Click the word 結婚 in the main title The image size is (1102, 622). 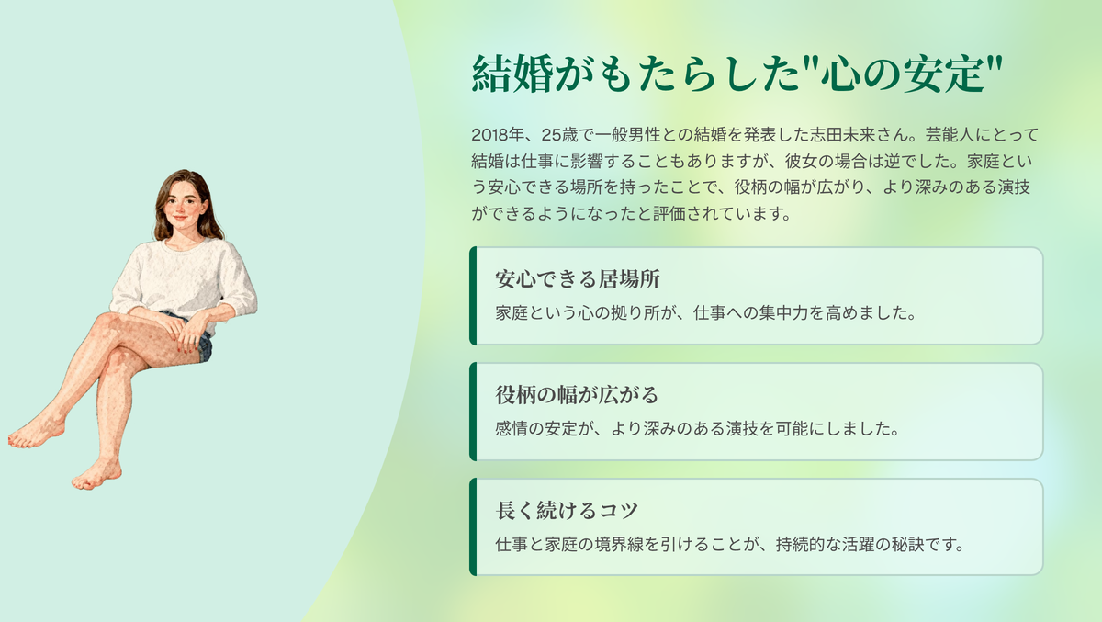coord(512,74)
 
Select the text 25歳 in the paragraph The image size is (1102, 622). coord(559,134)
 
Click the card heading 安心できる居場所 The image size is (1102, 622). coord(577,279)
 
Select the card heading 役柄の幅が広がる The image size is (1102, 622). coord(577,395)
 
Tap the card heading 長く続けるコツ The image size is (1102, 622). coord(567,510)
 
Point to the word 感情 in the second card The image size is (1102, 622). coord(512,428)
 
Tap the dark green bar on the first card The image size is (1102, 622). coord(473,296)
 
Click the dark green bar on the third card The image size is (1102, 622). coord(473,526)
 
